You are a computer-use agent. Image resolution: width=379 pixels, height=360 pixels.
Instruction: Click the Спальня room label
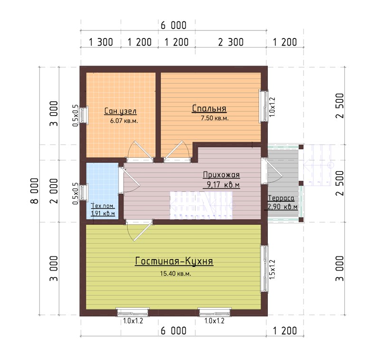click(x=209, y=108)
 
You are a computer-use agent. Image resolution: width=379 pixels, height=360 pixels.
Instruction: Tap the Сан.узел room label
click(x=120, y=111)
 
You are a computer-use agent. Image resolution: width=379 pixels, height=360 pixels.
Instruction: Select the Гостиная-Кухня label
click(x=174, y=261)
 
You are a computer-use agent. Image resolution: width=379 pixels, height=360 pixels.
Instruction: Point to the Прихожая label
click(x=221, y=175)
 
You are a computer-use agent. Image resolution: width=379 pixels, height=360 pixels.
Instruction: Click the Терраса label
click(x=281, y=198)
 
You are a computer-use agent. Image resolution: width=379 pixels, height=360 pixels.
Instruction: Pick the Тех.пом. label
click(x=103, y=206)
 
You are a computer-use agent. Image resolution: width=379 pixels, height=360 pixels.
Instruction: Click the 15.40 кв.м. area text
click(x=175, y=273)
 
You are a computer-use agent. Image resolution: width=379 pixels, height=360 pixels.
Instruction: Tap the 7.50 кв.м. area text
click(x=215, y=118)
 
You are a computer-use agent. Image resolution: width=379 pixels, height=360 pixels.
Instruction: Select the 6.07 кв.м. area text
click(x=124, y=121)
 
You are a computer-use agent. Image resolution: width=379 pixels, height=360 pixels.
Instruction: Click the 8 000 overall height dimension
click(x=35, y=191)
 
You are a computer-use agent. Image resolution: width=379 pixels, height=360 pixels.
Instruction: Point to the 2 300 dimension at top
click(x=231, y=42)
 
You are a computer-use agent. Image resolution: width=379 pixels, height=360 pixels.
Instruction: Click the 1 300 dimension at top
click(x=101, y=42)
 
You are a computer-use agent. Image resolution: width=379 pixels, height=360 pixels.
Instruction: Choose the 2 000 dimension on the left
click(x=54, y=191)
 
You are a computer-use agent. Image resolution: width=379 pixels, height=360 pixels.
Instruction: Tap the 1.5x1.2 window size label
click(x=272, y=269)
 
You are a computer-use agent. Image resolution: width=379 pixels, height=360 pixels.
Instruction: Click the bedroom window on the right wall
click(x=264, y=106)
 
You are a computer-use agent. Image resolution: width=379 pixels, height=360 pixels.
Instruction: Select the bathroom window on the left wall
click(x=84, y=116)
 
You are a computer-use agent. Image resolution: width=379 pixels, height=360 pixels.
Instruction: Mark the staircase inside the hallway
click(x=201, y=205)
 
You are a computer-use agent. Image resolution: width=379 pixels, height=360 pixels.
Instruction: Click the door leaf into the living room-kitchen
click(x=143, y=231)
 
